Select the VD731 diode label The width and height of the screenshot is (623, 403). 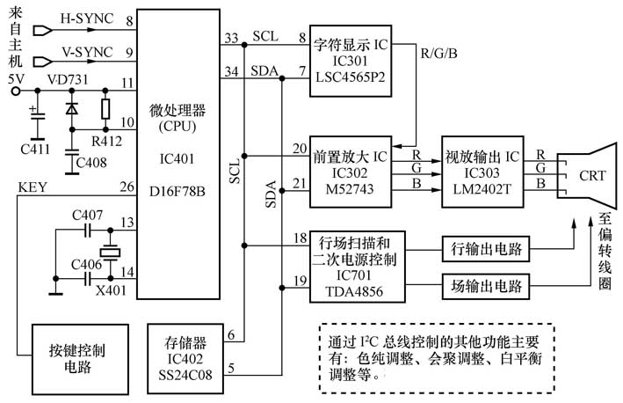click(63, 80)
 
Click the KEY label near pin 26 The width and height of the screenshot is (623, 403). click(32, 186)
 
